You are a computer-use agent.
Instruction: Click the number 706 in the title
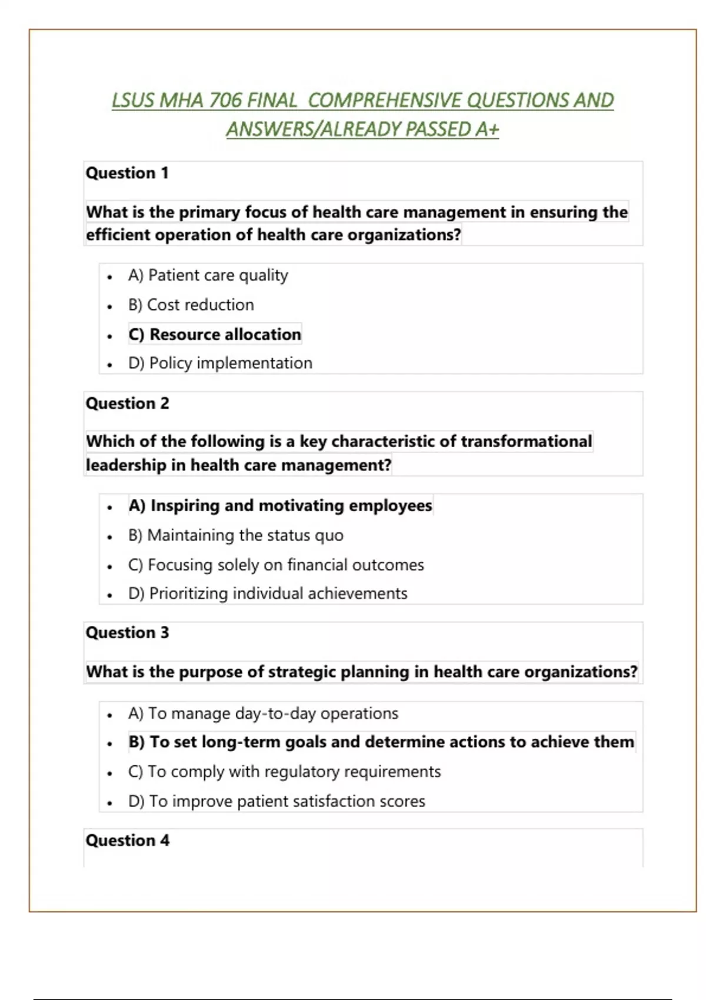(x=225, y=101)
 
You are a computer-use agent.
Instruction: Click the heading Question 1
(x=127, y=173)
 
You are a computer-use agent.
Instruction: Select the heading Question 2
(x=127, y=404)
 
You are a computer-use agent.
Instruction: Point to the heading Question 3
(x=127, y=633)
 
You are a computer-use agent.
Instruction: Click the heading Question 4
(x=127, y=841)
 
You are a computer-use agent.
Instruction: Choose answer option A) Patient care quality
(x=208, y=275)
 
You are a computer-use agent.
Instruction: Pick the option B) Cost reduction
(x=191, y=305)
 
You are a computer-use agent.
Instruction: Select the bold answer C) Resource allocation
(x=215, y=334)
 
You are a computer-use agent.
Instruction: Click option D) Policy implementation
(x=220, y=363)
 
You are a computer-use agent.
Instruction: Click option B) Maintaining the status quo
(x=235, y=535)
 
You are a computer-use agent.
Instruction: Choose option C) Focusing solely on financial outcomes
(x=276, y=565)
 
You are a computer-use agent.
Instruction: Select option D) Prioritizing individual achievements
(x=268, y=594)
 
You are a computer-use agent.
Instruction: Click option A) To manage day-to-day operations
(x=263, y=714)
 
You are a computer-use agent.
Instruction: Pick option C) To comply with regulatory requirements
(x=284, y=772)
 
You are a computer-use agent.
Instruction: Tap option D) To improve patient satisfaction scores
(x=277, y=801)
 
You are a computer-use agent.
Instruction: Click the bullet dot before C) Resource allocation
(x=109, y=336)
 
